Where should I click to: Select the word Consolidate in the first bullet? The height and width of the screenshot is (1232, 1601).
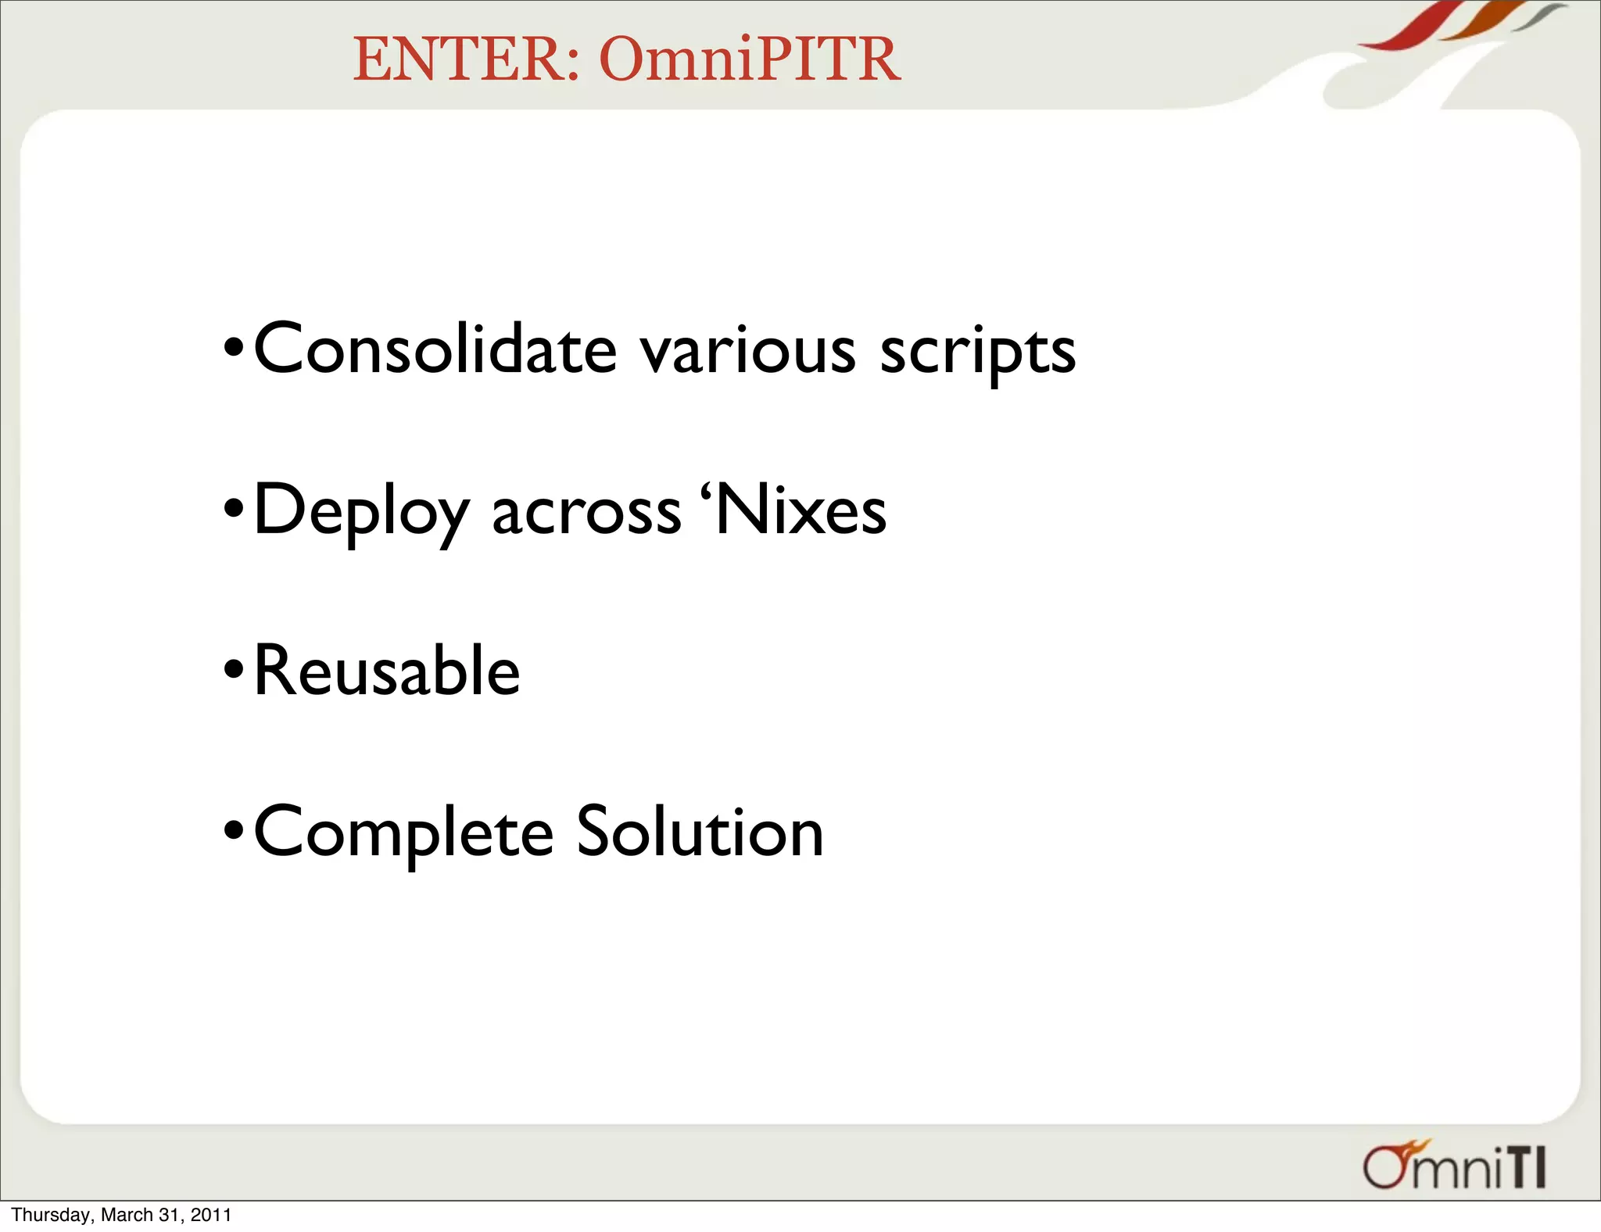(x=435, y=349)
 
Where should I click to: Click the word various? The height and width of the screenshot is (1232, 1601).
(x=748, y=350)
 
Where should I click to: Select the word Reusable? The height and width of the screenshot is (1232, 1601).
(x=387, y=671)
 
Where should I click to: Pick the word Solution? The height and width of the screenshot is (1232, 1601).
(x=700, y=832)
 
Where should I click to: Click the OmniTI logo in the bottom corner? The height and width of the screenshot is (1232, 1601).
(x=1453, y=1166)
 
